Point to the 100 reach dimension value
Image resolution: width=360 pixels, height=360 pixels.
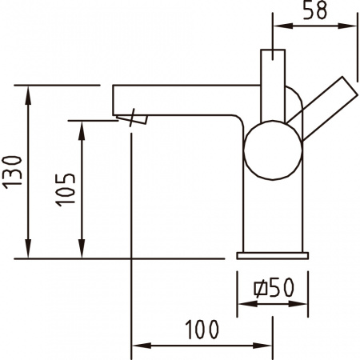click(x=202, y=330)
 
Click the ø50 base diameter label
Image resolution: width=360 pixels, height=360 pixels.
click(x=272, y=286)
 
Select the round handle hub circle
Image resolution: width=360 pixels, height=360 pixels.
click(x=273, y=150)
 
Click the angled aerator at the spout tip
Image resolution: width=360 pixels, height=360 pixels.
click(x=134, y=119)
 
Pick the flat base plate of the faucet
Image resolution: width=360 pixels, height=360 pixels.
click(x=273, y=254)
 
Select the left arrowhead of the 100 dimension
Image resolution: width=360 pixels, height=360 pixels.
click(x=138, y=346)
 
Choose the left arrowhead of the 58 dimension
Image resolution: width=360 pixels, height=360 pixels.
click(x=280, y=27)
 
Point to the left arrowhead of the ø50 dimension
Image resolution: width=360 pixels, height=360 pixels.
click(x=243, y=303)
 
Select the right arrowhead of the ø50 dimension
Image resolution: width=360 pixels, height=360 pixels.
click(x=303, y=303)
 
